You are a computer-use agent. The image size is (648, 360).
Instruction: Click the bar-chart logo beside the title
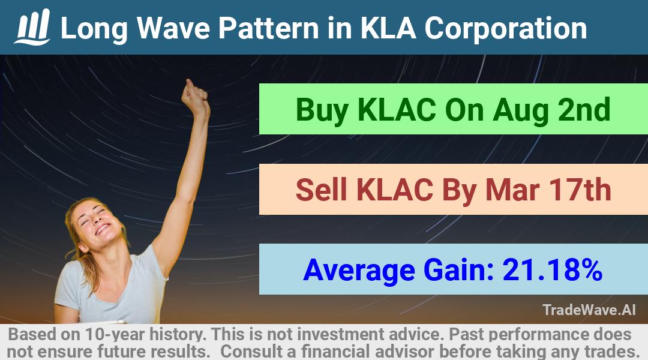[32, 27]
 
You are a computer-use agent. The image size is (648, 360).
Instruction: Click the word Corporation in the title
[505, 29]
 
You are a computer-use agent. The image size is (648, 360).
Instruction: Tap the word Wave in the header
[173, 28]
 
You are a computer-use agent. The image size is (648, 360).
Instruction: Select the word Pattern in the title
[269, 28]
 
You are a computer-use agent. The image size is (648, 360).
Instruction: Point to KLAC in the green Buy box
[397, 110]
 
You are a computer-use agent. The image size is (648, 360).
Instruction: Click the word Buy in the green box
[322, 110]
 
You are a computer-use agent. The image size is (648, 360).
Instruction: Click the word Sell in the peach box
[321, 190]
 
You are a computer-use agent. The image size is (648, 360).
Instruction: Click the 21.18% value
[552, 269]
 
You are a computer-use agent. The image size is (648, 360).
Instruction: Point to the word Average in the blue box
[359, 271]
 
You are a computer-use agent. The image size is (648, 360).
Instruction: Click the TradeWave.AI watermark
[589, 310]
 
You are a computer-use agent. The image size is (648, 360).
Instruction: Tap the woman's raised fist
[194, 97]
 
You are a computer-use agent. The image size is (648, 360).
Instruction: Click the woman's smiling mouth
[101, 229]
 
